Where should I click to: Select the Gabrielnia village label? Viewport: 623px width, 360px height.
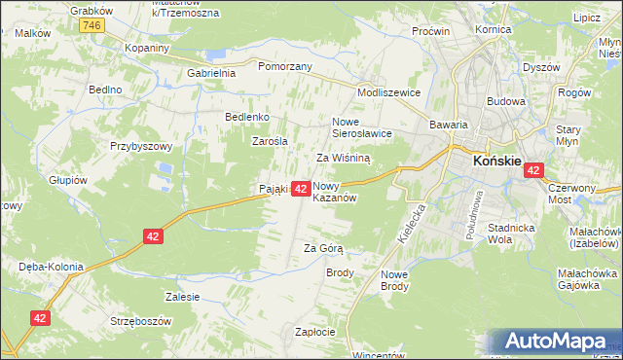[x=211, y=73]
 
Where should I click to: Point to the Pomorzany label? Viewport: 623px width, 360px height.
[x=284, y=66]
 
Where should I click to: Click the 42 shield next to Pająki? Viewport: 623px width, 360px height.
[x=301, y=189]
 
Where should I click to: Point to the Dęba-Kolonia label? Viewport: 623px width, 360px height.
[x=49, y=266]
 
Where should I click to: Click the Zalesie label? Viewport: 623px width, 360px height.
[x=183, y=297]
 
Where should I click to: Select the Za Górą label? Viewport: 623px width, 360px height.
[x=323, y=248]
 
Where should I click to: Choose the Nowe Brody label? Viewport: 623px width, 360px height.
[x=394, y=280]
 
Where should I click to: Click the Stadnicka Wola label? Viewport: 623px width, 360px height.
[x=514, y=232]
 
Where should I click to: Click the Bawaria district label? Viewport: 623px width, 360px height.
[x=450, y=125]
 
